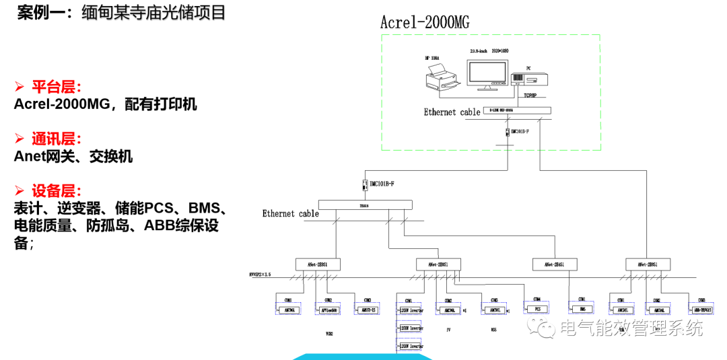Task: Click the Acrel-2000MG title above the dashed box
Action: click(425, 22)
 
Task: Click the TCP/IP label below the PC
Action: click(530, 96)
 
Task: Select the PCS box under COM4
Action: click(538, 310)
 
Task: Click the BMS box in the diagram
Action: click(582, 310)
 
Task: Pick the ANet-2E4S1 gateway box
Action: click(553, 264)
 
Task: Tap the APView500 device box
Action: click(328, 310)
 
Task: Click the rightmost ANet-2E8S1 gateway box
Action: click(648, 264)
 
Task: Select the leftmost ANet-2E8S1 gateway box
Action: click(318, 264)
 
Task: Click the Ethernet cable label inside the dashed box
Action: click(452, 112)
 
